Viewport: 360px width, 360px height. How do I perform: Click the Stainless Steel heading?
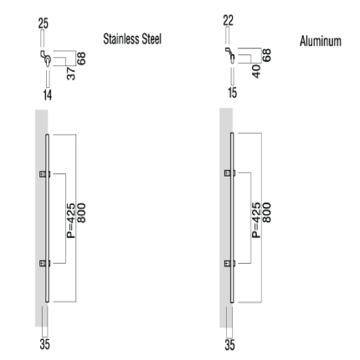(x=132, y=39)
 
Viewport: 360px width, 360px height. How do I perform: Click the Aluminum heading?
(x=321, y=41)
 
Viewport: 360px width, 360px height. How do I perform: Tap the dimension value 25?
(x=44, y=23)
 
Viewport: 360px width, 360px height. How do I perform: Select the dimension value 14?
(x=48, y=95)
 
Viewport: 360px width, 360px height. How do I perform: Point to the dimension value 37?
(x=71, y=74)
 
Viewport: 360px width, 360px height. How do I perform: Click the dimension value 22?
(x=229, y=21)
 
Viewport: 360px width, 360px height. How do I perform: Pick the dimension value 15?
(x=232, y=93)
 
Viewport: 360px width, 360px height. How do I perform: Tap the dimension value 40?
(x=256, y=71)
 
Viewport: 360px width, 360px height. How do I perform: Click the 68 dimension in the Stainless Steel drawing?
(x=81, y=59)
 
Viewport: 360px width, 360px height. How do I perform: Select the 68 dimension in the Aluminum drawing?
(x=266, y=55)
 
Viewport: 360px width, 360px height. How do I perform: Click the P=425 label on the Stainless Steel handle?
(x=71, y=220)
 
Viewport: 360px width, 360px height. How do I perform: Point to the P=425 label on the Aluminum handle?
(x=256, y=220)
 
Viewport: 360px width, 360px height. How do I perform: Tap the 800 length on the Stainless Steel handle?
(x=81, y=213)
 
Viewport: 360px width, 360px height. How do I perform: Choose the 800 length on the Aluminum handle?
(x=266, y=213)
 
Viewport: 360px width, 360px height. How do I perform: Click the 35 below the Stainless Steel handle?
(x=44, y=344)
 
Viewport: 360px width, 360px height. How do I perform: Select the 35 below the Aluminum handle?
(x=229, y=345)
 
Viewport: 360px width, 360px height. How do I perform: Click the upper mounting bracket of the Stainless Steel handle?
(x=44, y=174)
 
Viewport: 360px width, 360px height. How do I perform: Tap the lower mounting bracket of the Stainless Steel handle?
(x=44, y=264)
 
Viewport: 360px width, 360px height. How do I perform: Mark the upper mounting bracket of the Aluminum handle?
(x=229, y=173)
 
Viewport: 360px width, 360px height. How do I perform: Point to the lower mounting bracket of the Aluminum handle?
(x=229, y=264)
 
